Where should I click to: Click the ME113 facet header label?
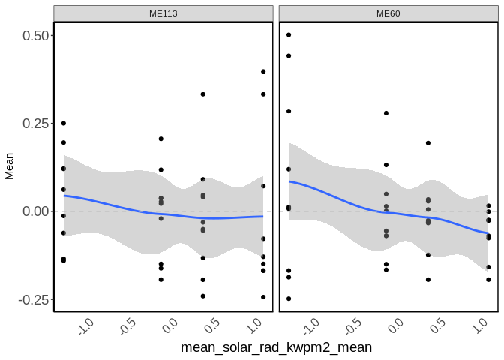[x=163, y=13]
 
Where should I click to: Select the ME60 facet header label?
[x=388, y=13]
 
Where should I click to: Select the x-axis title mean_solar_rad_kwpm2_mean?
[x=277, y=348]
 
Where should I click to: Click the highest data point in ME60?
[x=289, y=35]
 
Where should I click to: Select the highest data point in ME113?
[x=263, y=72]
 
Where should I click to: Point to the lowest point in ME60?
[x=289, y=298]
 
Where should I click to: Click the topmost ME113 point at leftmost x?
[x=64, y=123]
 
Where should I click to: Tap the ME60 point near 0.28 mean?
[x=386, y=113]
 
